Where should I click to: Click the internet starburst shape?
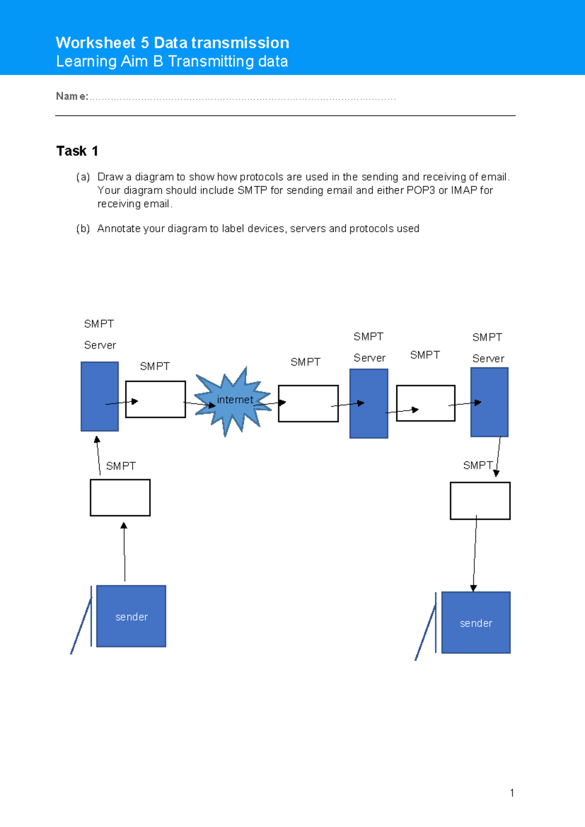click(x=233, y=401)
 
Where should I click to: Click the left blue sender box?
click(x=131, y=616)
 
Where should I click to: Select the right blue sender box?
click(x=476, y=623)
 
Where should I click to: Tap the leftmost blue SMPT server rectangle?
click(x=99, y=396)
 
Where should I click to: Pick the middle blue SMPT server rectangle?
click(x=369, y=404)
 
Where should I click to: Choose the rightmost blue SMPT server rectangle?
click(x=489, y=402)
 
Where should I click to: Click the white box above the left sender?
click(x=120, y=497)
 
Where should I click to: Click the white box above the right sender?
click(x=480, y=501)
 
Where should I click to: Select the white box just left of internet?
click(x=156, y=399)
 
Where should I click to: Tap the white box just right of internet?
click(x=308, y=404)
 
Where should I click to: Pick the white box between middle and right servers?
click(x=426, y=403)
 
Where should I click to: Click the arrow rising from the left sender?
click(x=124, y=551)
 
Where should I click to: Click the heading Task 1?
click(x=77, y=151)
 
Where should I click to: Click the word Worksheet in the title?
click(x=96, y=43)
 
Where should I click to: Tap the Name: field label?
click(x=72, y=97)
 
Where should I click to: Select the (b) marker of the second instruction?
click(x=83, y=229)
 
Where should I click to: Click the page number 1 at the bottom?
click(x=512, y=793)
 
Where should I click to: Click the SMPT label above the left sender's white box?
click(x=121, y=466)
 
